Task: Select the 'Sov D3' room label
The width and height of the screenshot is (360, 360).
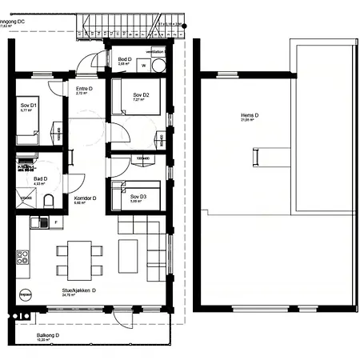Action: [x=138, y=197]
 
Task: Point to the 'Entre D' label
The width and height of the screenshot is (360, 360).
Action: [x=84, y=89]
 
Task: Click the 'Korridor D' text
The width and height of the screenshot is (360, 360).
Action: [x=85, y=198]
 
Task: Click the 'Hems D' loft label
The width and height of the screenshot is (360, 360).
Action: [x=250, y=115]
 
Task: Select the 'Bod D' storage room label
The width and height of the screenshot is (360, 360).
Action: [x=125, y=60]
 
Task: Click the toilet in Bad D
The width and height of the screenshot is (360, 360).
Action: [x=49, y=201]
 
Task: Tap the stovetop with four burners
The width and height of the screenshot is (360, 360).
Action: [x=22, y=258]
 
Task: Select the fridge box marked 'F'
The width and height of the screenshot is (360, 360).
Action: [x=55, y=222]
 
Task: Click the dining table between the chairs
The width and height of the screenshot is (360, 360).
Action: [x=79, y=260]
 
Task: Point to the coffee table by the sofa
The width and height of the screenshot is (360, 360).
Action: [x=128, y=255]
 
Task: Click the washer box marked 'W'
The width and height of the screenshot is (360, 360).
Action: [x=146, y=67]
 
